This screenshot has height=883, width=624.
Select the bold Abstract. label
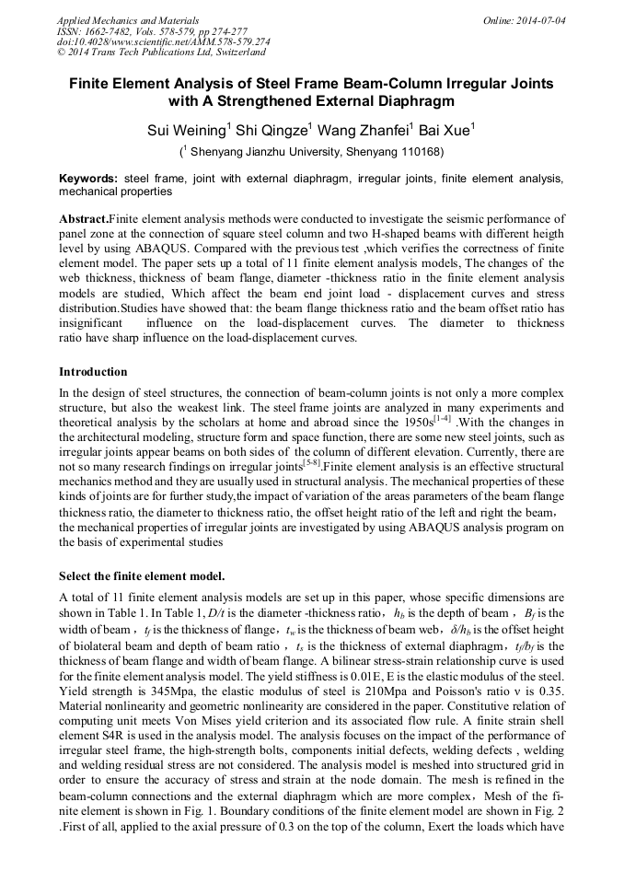[84, 220]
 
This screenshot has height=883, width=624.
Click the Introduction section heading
[93, 372]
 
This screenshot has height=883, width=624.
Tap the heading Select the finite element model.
[142, 576]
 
